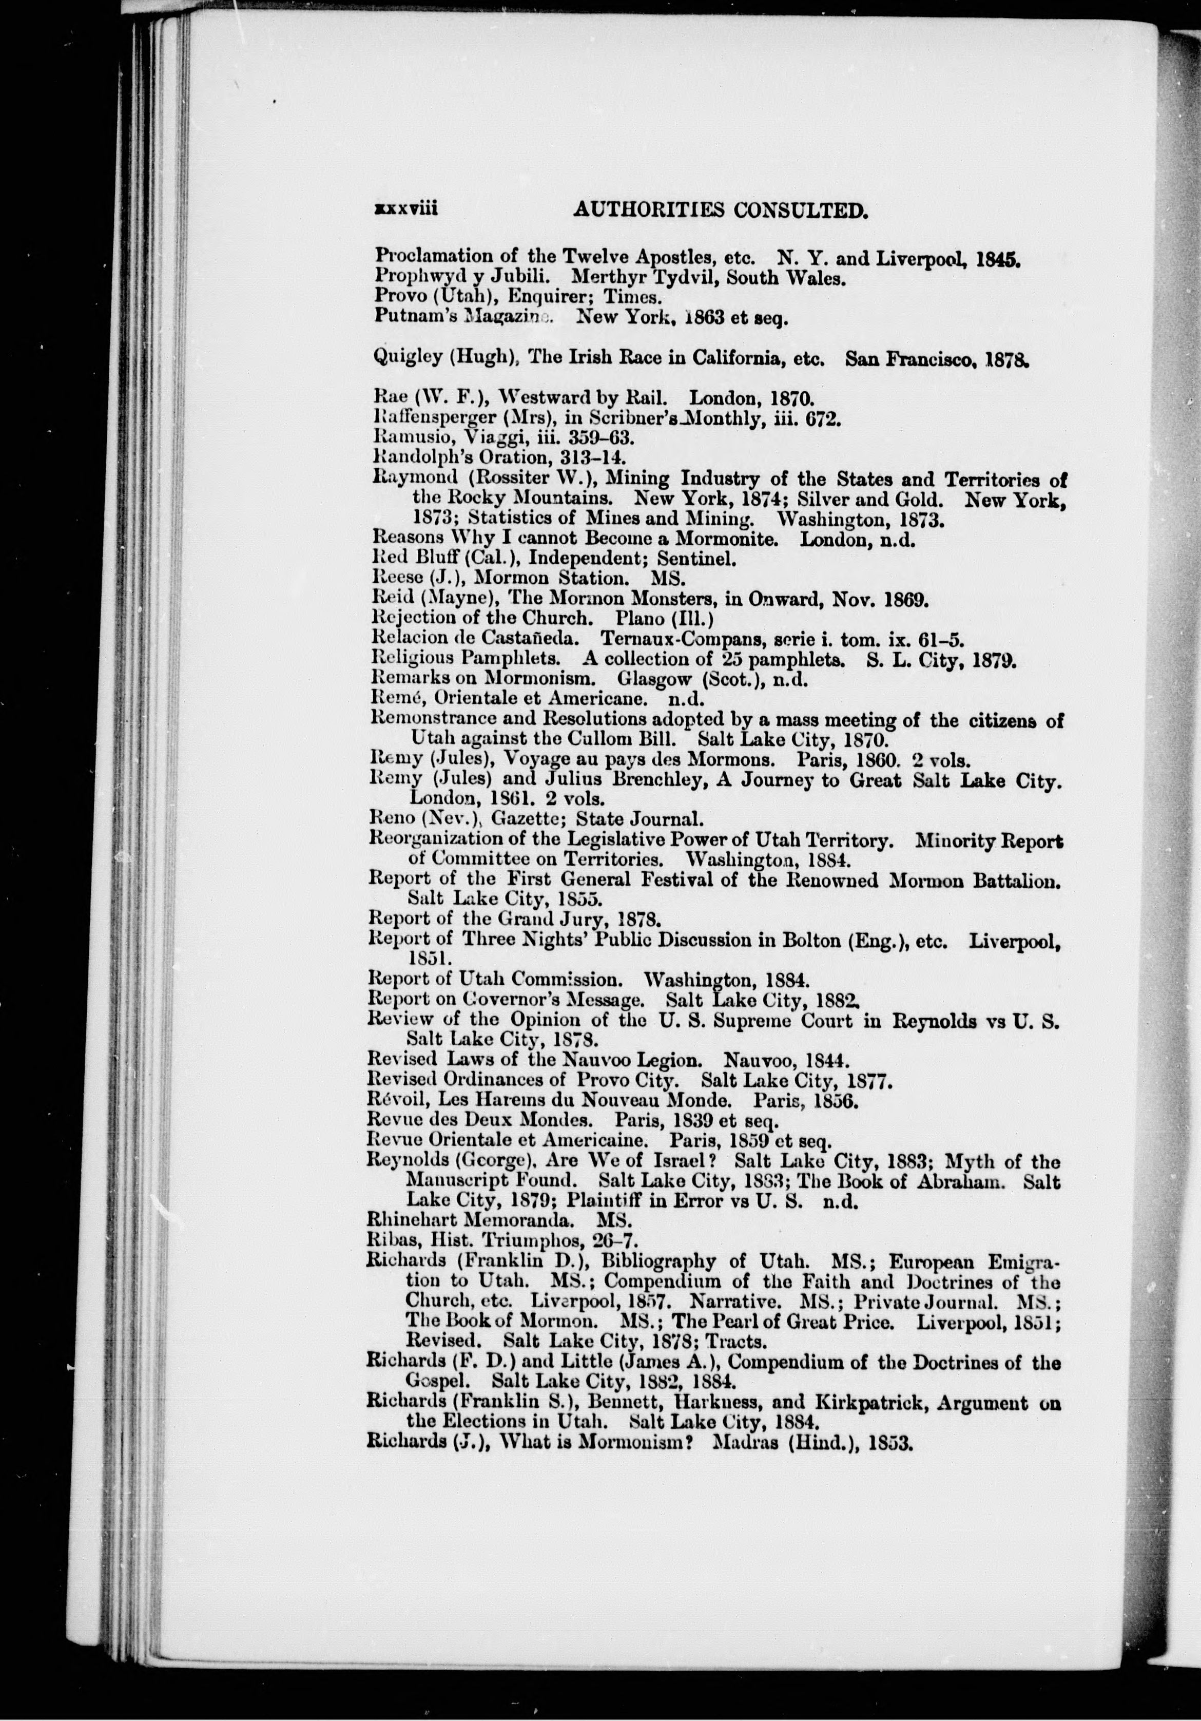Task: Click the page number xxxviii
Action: [x=406, y=212]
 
